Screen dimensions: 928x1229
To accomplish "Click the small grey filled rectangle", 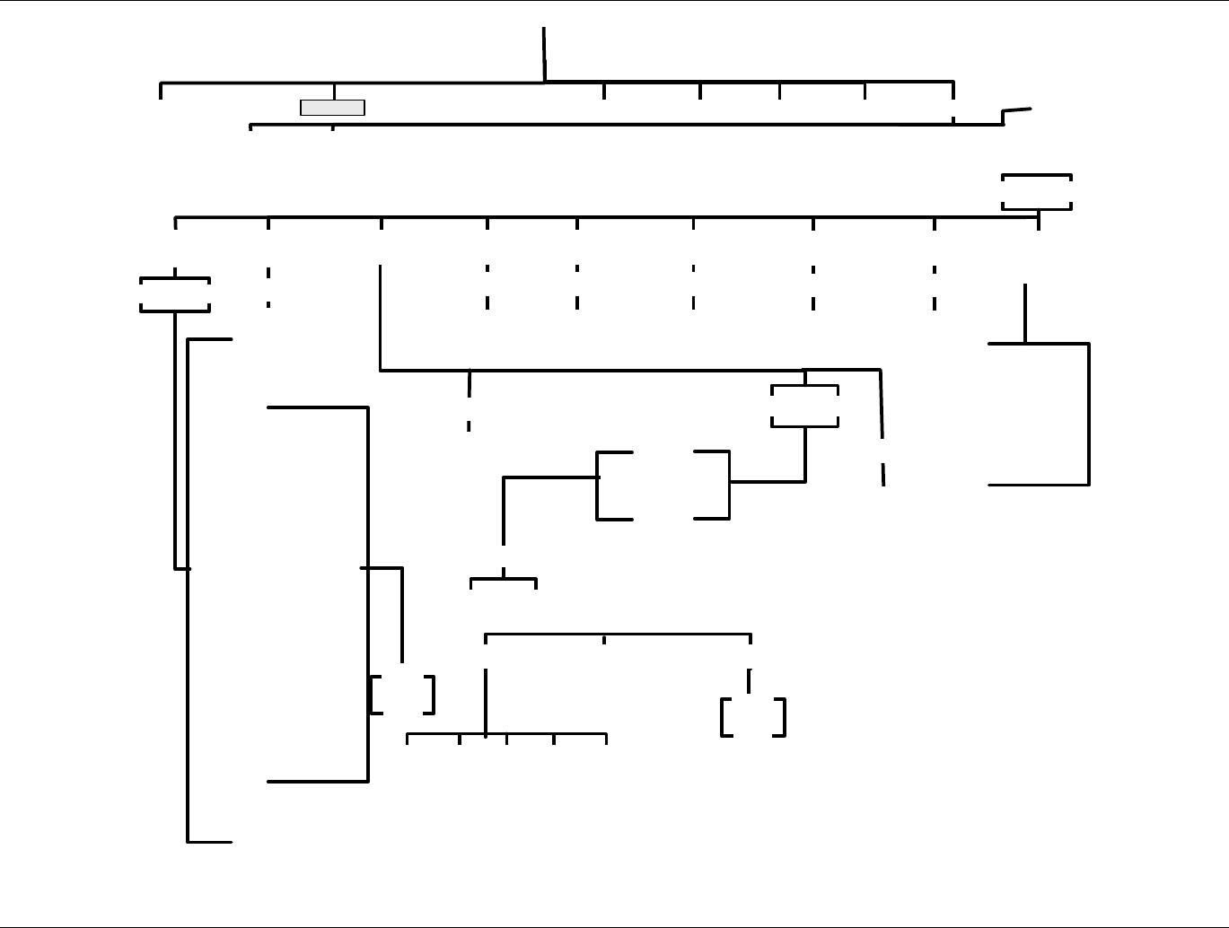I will (x=332, y=108).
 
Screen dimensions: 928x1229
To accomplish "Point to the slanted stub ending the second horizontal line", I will (x=1016, y=110).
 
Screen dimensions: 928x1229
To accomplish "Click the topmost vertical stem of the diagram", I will (x=544, y=54).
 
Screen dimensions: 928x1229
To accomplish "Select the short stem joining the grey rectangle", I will (x=335, y=92).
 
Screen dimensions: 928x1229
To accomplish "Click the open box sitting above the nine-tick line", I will (x=1037, y=192).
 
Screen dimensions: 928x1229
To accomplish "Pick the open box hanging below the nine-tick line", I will (x=175, y=294).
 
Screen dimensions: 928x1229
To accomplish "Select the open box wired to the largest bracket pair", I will (x=805, y=406).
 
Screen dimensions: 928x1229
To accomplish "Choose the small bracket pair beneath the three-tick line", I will (x=753, y=717).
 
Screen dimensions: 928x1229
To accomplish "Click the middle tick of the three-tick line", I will (x=604, y=639).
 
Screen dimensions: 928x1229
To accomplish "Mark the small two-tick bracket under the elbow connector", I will (x=504, y=582).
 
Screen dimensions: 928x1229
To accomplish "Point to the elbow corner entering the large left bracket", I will (x=504, y=479).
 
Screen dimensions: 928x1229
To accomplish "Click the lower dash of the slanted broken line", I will (x=883, y=474).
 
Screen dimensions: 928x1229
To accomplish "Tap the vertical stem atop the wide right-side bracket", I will (x=1025, y=313).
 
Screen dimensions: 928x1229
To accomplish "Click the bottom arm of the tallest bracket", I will (x=209, y=842).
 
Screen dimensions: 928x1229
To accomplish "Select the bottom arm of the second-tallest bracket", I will (x=318, y=781).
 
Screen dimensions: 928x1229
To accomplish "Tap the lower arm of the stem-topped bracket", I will (x=1039, y=485).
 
